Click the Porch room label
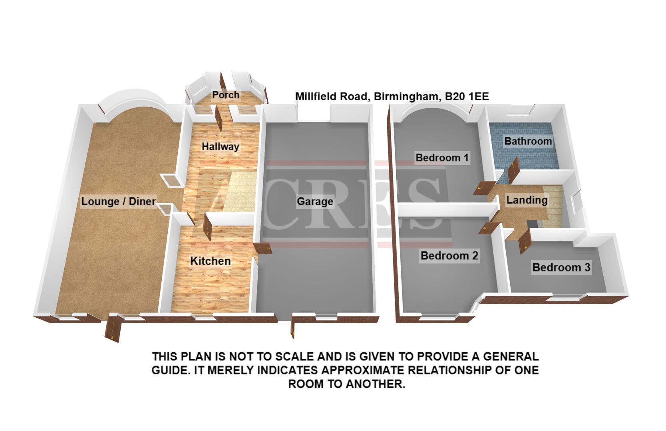226,95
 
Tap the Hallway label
220,146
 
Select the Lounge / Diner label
118,201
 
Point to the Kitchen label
210,261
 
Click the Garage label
315,202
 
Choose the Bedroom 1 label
442,158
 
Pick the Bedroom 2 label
449,255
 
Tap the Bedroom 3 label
561,267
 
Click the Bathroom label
528,141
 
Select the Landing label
527,200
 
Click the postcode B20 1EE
464,97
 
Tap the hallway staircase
240,192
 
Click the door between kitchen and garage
262,249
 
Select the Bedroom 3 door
524,241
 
